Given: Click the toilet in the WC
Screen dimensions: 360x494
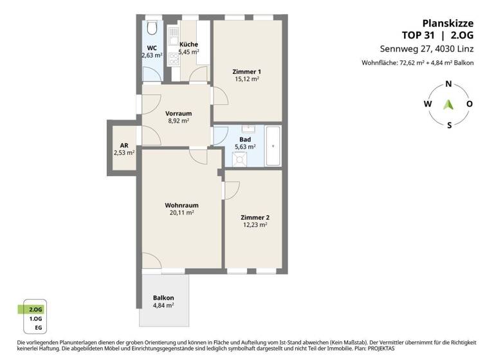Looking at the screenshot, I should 152,29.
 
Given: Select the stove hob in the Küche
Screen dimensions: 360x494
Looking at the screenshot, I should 173,59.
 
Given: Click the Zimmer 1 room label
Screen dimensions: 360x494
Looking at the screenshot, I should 246,71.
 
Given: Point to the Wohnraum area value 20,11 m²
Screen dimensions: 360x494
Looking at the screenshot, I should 180,213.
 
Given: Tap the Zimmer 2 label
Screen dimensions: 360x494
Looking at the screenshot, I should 255,217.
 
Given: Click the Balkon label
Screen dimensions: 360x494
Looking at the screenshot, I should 163,298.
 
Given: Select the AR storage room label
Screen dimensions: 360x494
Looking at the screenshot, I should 123,145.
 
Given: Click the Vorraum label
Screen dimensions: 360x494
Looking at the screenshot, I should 178,113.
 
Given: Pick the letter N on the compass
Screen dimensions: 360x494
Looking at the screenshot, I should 448,84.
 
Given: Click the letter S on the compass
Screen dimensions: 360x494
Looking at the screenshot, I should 449,125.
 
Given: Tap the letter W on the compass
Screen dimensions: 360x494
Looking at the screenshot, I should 427,104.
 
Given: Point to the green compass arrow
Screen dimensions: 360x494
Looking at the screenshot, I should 449,104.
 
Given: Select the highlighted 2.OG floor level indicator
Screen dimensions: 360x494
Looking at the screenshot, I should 37,309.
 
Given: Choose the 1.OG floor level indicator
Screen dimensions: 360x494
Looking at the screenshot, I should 37,319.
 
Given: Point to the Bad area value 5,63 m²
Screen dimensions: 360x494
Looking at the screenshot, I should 245,147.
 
